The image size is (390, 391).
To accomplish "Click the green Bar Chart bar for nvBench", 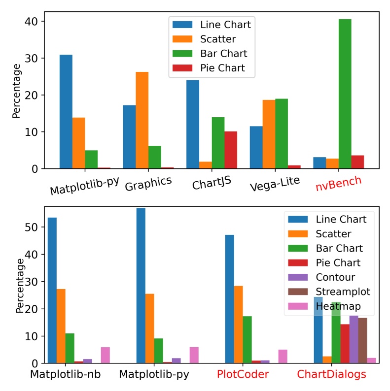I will point(345,94).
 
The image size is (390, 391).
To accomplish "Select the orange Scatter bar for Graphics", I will point(142,120).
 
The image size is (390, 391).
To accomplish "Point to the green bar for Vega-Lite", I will point(282,133).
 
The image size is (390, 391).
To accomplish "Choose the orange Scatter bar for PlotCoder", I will point(239,325).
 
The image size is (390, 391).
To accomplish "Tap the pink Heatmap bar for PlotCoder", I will point(283,357).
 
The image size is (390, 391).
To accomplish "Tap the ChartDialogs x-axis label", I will point(331,374).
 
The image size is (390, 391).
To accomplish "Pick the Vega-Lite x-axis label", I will point(270,186).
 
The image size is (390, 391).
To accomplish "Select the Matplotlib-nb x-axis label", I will point(66,374).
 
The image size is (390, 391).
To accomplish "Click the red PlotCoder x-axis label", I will point(243,374).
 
